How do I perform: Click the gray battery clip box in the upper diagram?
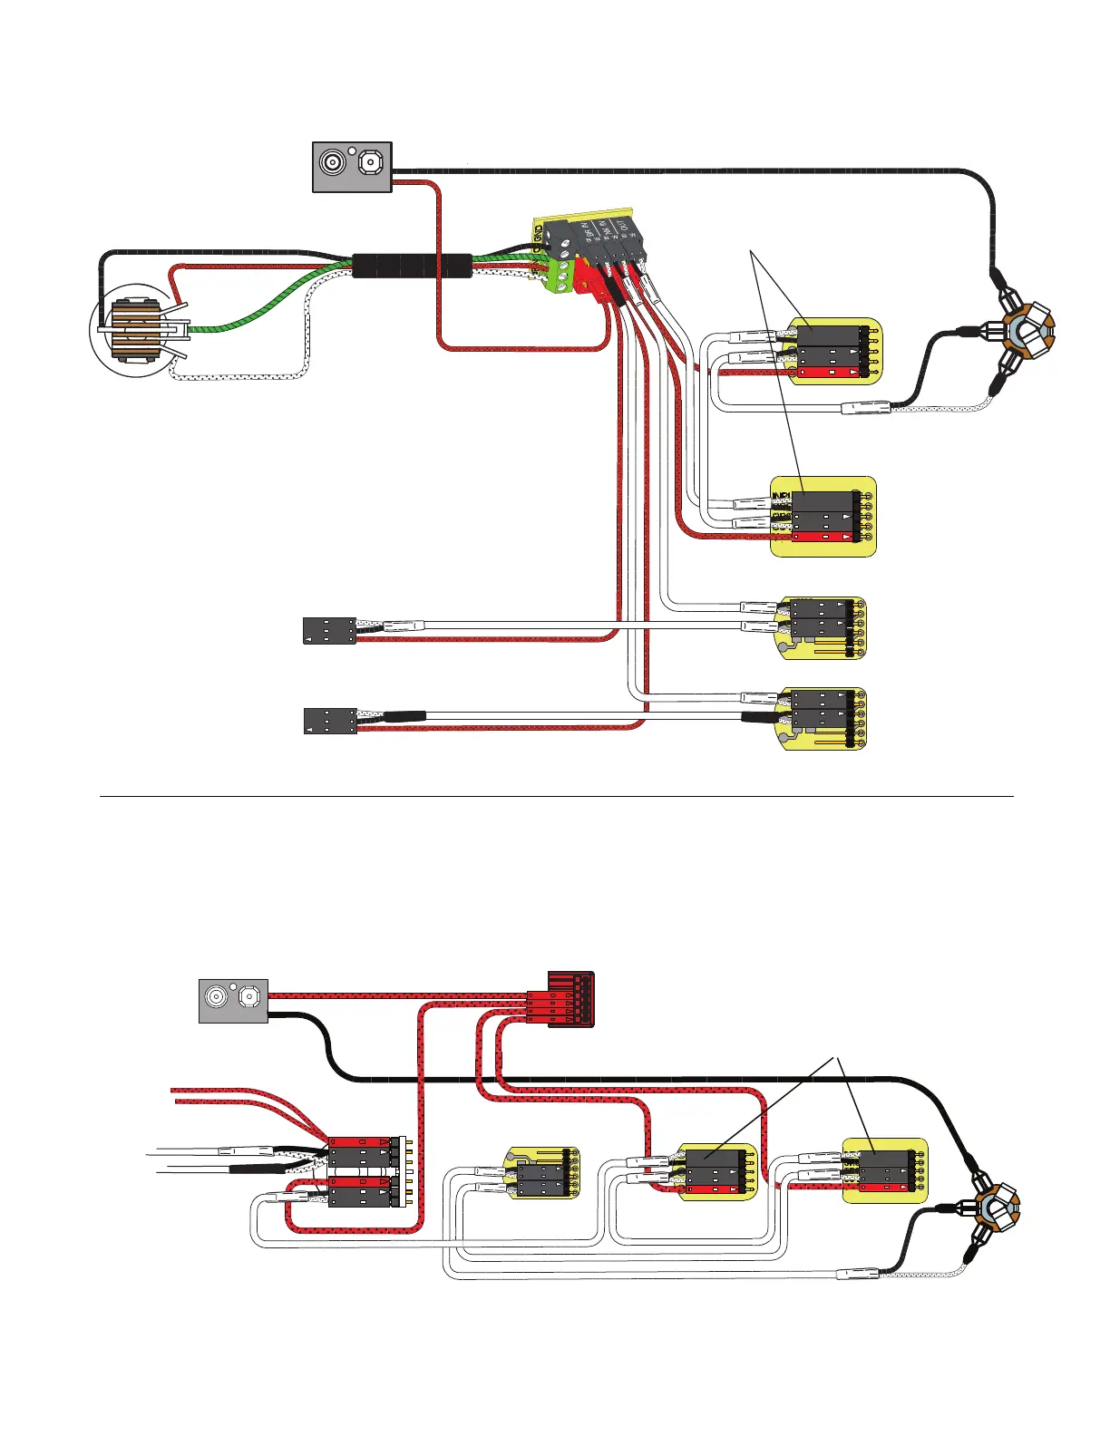[x=352, y=167]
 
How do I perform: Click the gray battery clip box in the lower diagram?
[x=233, y=1001]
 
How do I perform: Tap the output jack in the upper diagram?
[x=1027, y=329]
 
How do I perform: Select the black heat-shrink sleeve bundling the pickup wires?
[x=412, y=266]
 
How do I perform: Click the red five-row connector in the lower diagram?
[x=570, y=999]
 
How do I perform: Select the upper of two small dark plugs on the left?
[x=328, y=630]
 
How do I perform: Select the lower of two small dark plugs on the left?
[x=328, y=721]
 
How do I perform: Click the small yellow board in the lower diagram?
[x=541, y=1173]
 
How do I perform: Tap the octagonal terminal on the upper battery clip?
[x=370, y=163]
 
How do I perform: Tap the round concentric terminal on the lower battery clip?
[x=218, y=998]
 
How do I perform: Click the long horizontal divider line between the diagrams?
[x=555, y=797]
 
